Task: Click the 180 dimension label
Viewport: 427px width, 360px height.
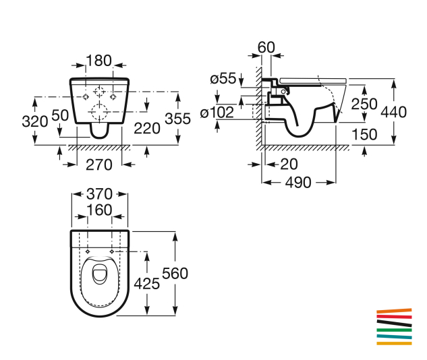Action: tap(99, 61)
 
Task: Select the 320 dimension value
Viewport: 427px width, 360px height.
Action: tap(35, 121)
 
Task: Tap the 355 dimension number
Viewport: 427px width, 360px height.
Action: tap(178, 119)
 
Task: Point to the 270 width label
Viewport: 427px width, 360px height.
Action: tap(99, 165)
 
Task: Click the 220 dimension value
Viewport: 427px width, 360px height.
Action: tap(147, 129)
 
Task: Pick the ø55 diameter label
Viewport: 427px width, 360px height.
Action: tap(223, 79)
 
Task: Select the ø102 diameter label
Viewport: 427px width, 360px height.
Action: tap(217, 113)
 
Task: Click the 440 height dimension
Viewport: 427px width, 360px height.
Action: tap(394, 112)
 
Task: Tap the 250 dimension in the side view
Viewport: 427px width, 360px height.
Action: tap(364, 104)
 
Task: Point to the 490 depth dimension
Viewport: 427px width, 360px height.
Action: tap(298, 183)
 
